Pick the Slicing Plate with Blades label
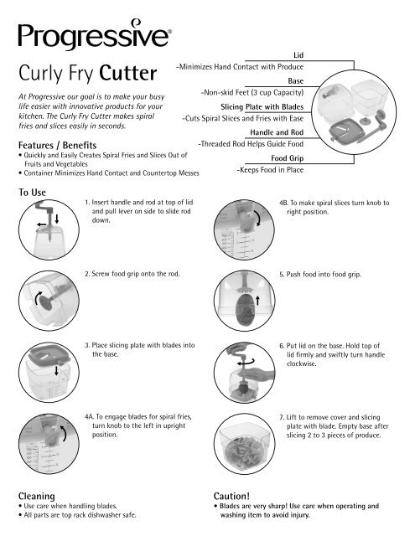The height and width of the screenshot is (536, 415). pyautogui.click(x=261, y=108)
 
